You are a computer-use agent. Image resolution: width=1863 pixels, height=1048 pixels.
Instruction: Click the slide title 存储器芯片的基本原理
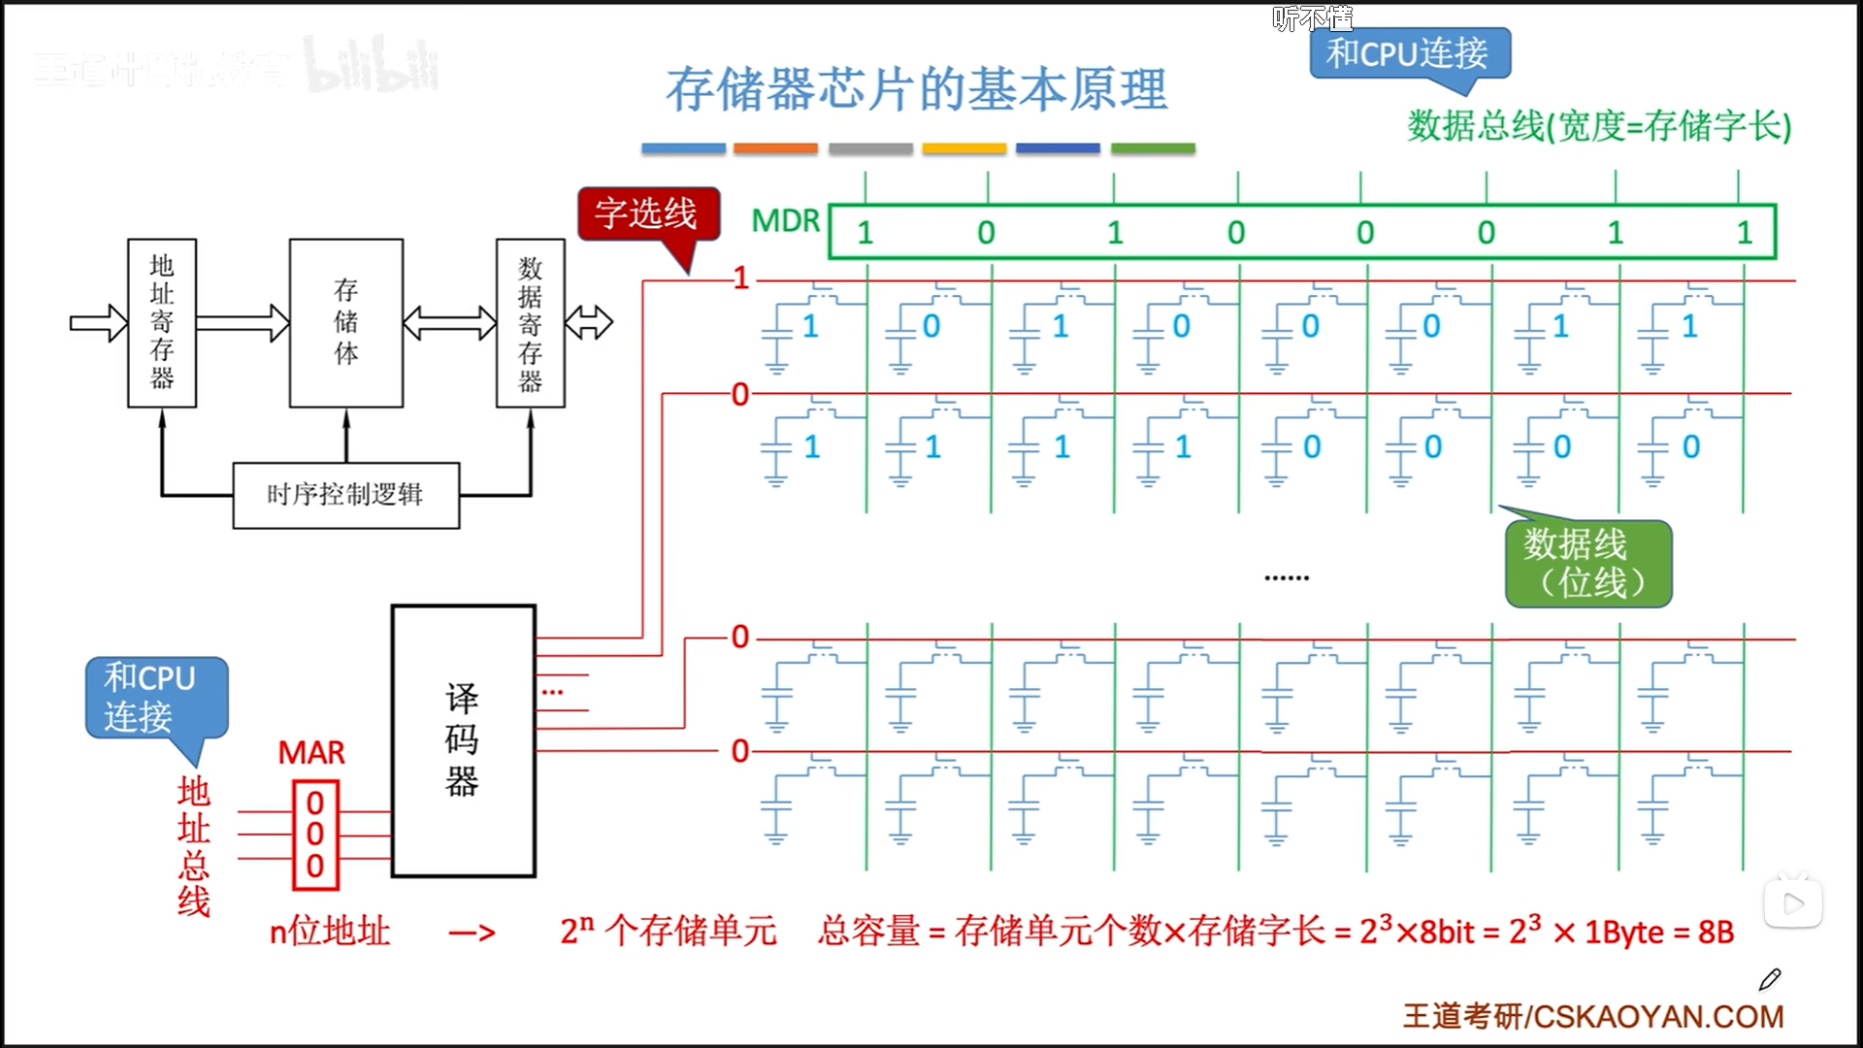(916, 89)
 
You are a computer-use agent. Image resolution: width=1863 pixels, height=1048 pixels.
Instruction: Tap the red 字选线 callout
(647, 213)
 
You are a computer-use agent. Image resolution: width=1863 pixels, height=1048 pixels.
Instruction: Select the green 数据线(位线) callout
(1587, 564)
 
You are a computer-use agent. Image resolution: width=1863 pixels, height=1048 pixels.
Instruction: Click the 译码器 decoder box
(463, 740)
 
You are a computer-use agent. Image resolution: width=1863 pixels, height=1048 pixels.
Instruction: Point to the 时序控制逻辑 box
(345, 495)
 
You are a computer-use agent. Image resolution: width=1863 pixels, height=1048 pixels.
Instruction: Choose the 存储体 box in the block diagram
(345, 322)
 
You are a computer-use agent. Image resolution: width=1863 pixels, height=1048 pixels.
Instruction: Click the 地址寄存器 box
(162, 322)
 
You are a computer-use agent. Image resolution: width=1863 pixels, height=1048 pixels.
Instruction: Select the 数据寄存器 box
(530, 322)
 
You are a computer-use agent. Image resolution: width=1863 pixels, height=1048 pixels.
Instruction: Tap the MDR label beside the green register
(786, 221)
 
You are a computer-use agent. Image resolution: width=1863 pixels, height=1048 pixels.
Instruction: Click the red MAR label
(311, 753)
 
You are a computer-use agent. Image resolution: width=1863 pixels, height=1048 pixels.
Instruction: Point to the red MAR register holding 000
(315, 835)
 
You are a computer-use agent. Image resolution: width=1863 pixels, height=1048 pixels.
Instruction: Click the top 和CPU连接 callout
(1408, 53)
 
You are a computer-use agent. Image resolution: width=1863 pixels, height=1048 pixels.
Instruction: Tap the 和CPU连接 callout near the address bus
(155, 698)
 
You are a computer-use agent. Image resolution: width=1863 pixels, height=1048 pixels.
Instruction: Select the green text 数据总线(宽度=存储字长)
(1599, 126)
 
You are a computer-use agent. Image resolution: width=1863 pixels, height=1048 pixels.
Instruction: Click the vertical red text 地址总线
(194, 846)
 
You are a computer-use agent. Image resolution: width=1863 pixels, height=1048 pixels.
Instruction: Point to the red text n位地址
(330, 932)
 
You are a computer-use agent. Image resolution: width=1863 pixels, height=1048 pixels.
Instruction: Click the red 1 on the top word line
(742, 279)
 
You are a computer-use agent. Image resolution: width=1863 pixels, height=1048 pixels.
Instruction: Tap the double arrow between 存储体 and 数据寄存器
(449, 322)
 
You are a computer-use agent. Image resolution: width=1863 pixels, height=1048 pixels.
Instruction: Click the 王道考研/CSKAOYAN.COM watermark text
(1592, 1016)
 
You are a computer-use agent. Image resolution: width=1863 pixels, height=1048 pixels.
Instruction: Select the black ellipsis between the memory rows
(1287, 578)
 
